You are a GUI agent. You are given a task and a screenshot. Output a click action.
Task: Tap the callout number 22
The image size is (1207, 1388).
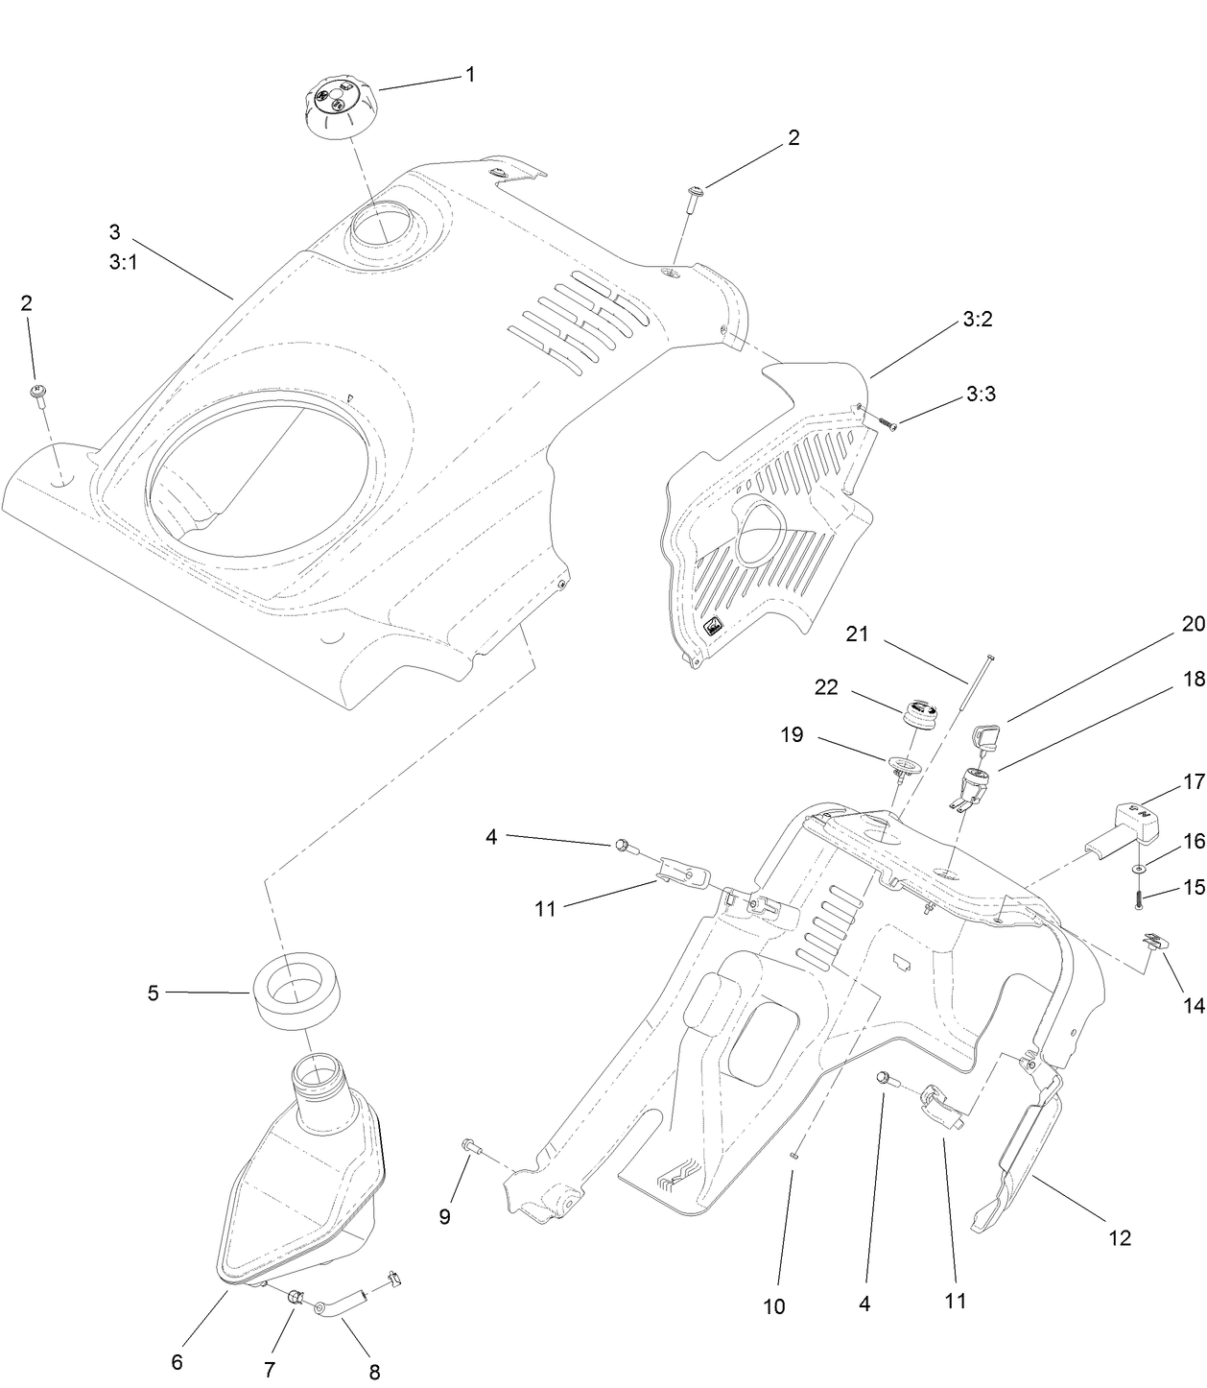(826, 687)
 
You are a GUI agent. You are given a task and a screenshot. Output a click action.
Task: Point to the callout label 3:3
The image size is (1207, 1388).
(981, 394)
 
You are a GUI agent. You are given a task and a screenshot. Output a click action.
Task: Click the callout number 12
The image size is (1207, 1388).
(1120, 1237)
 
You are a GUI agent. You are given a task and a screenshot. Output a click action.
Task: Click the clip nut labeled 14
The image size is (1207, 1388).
(1155, 941)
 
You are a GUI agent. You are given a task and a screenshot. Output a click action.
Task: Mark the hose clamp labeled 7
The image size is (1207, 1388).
(296, 1298)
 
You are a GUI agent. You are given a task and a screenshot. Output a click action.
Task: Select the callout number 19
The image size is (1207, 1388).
(793, 735)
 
